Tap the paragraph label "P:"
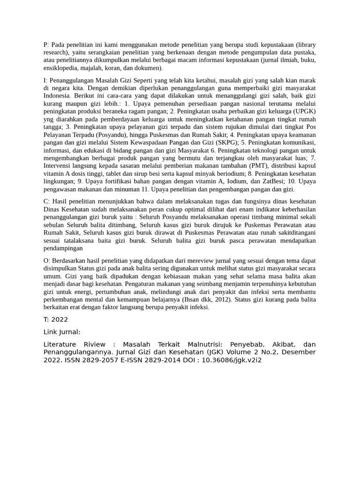(46, 45)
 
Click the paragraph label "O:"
(47, 261)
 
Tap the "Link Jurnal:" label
(61, 332)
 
